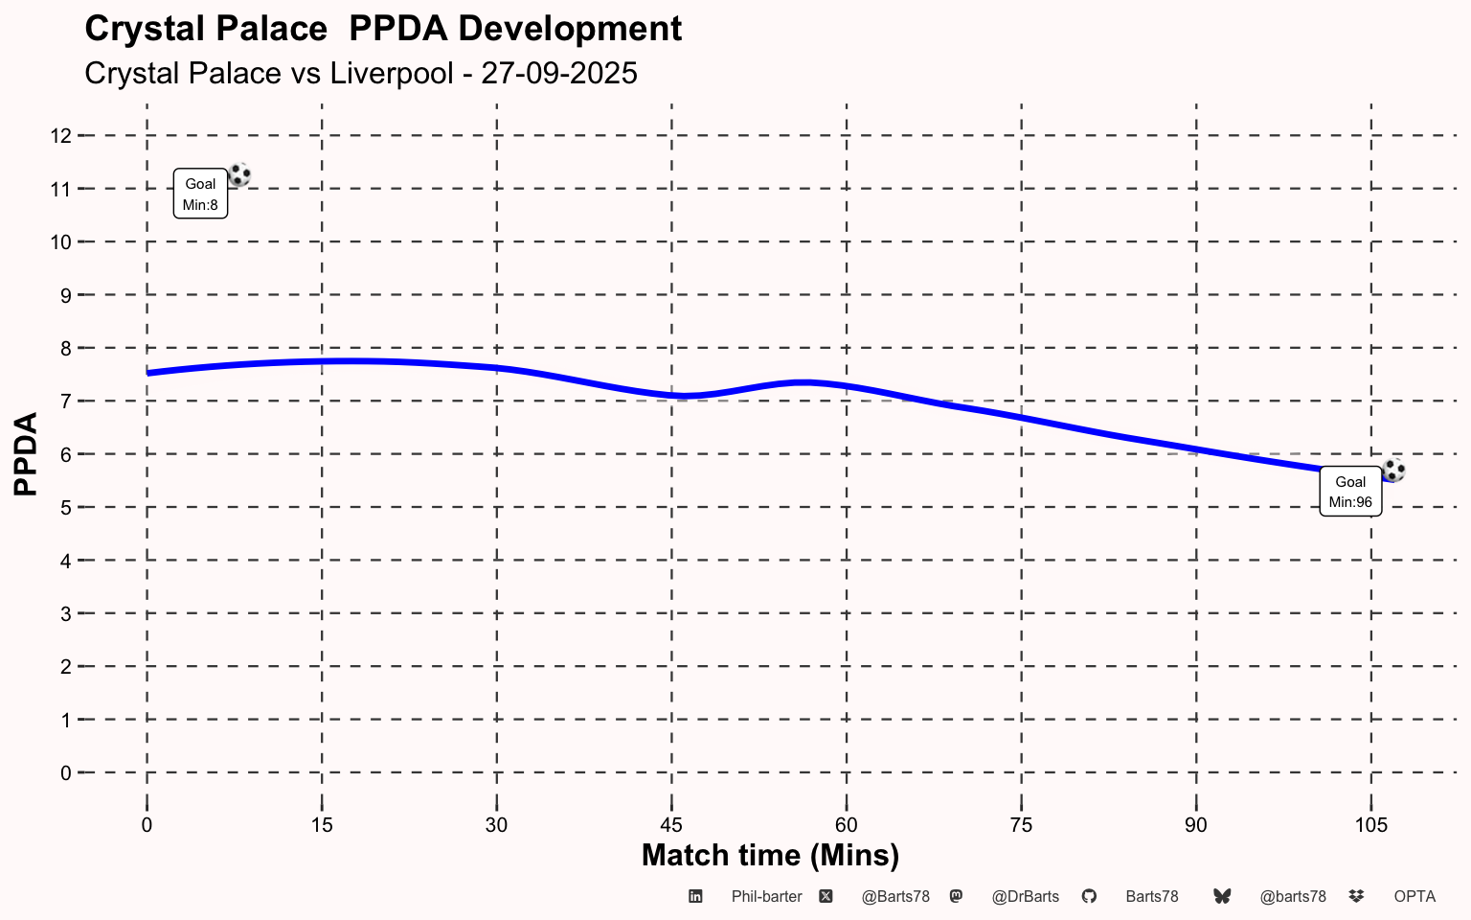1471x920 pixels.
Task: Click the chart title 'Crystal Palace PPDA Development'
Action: (383, 29)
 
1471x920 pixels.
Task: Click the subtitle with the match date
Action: (361, 73)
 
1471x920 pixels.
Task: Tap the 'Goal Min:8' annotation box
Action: (200, 194)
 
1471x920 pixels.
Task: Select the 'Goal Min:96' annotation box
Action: (1350, 492)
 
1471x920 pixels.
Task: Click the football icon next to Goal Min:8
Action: (239, 174)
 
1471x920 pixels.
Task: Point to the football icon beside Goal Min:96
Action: (1393, 470)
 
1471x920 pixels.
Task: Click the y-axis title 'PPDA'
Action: (26, 453)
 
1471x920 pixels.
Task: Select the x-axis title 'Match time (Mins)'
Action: (770, 855)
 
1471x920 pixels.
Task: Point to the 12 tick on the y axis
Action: (60, 136)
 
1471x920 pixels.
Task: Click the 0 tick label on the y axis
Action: (65, 772)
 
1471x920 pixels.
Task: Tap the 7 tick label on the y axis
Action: (65, 402)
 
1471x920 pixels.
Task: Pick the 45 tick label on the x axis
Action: (671, 825)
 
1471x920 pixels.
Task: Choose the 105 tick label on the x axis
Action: (1371, 825)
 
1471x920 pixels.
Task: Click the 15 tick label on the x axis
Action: (322, 825)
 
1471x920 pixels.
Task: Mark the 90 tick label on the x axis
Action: (1196, 825)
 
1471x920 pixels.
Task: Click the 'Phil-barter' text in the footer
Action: (766, 897)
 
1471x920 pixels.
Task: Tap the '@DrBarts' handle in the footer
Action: (1025, 897)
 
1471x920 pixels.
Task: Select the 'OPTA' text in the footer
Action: (1414, 897)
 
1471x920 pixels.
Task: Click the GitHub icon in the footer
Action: (1089, 896)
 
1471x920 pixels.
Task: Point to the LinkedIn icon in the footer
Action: (696, 896)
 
